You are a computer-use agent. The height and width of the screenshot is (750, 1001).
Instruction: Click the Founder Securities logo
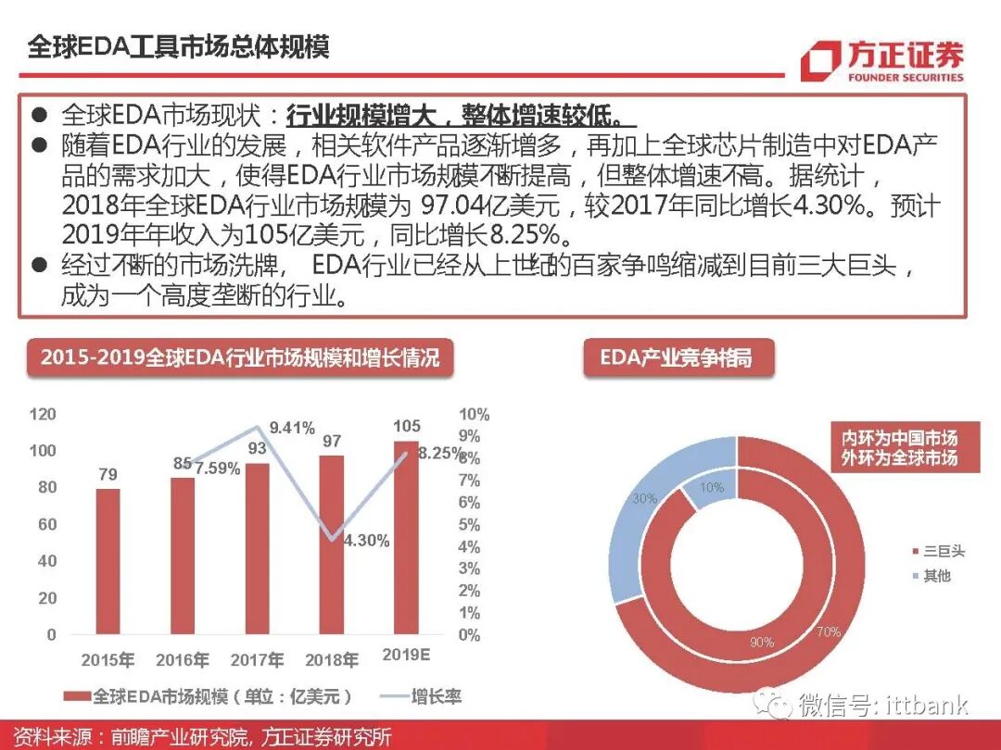pyautogui.click(x=881, y=61)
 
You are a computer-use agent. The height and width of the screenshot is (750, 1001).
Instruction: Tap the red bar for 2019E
pyautogui.click(x=406, y=538)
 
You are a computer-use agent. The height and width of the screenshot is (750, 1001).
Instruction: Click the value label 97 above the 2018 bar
pyautogui.click(x=332, y=441)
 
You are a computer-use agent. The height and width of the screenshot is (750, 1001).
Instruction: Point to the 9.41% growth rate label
pyautogui.click(x=292, y=428)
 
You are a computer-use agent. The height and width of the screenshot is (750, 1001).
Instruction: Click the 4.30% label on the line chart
pyautogui.click(x=366, y=541)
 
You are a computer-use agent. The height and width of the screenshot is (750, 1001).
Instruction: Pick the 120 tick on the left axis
pyautogui.click(x=43, y=414)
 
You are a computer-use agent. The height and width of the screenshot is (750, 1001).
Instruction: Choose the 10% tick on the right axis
pyautogui.click(x=474, y=415)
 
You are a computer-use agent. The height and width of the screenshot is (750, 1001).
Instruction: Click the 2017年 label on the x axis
pyautogui.click(x=257, y=660)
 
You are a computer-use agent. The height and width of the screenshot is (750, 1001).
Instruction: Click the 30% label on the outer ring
pyautogui.click(x=644, y=498)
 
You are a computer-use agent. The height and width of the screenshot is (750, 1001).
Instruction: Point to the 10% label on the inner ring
pyautogui.click(x=712, y=488)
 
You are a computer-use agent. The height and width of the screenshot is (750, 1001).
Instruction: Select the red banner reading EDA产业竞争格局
pyautogui.click(x=678, y=357)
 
